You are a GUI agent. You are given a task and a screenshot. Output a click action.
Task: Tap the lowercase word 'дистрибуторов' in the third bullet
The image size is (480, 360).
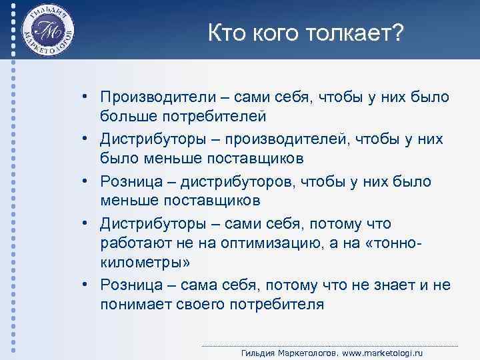click(x=255, y=182)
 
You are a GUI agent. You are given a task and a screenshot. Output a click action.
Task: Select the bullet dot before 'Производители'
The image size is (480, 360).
click(x=87, y=97)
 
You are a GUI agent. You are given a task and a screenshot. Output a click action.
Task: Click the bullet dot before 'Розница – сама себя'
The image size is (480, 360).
click(x=87, y=285)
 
